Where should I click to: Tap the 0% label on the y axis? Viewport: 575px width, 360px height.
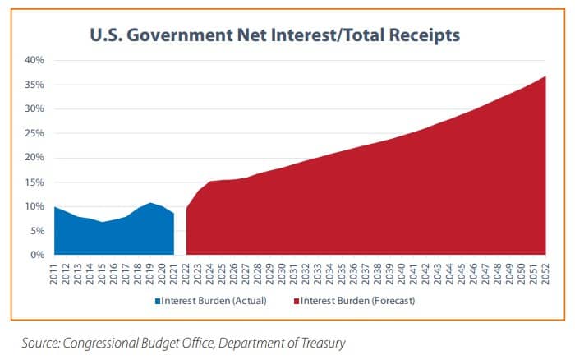point(36,255)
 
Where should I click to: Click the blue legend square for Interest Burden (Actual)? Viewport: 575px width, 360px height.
point(158,302)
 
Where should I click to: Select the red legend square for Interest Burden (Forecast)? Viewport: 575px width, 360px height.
point(296,302)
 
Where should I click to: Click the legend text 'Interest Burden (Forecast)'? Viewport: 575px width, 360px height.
point(357,302)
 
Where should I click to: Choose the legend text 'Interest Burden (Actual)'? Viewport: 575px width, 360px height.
point(214,302)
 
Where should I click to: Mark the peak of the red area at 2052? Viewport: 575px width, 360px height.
point(545,77)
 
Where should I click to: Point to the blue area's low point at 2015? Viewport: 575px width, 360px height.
point(103,222)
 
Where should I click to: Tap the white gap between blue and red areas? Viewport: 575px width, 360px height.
point(181,238)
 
